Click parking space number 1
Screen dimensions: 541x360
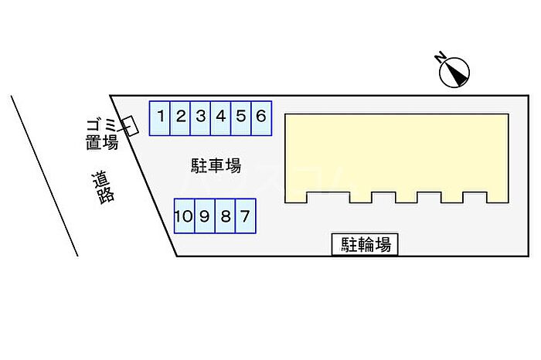[160, 118]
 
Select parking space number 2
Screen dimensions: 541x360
[180, 118]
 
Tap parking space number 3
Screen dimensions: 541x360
[200, 118]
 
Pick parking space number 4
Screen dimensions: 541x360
[221, 118]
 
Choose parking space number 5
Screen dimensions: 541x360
[241, 118]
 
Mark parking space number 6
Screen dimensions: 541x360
[261, 118]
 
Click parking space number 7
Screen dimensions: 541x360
[246, 216]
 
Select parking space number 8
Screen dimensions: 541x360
[226, 216]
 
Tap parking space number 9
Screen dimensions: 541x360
[205, 216]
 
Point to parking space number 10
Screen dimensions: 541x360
[185, 216]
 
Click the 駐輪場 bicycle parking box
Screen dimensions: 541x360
[365, 244]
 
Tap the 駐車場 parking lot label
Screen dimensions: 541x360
[216, 165]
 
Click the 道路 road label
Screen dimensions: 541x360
[103, 188]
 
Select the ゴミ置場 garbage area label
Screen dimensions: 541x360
[102, 134]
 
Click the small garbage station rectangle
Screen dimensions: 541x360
[130, 126]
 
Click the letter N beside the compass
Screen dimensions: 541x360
[441, 57]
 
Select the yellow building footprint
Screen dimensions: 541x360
[396, 158]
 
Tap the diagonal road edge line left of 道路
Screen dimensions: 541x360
[45, 176]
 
